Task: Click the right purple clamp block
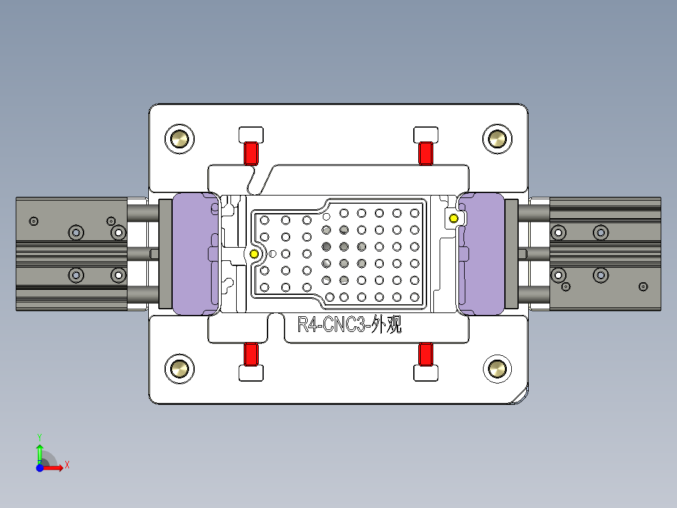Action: coord(482,253)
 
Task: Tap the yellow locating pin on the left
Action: coord(254,254)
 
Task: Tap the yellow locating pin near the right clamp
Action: coord(453,218)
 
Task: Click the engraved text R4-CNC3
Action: coord(331,326)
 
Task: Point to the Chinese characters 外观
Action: coord(386,326)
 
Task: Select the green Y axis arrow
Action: coord(40,451)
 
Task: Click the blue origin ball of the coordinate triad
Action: coord(40,468)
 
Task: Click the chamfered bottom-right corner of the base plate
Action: coord(520,397)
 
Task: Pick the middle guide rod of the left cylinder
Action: coord(144,253)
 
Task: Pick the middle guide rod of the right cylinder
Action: coord(533,253)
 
